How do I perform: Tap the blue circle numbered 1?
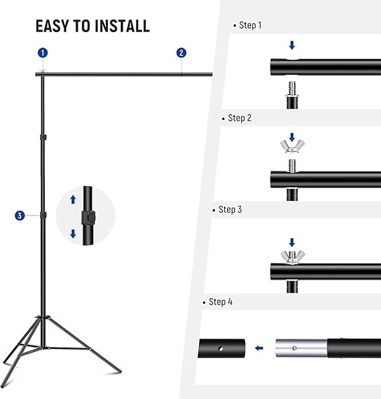click(43, 53)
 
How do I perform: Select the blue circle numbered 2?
click(181, 53)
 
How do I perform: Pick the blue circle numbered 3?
click(19, 216)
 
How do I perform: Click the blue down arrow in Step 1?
click(292, 46)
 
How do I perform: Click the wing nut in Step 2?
click(293, 147)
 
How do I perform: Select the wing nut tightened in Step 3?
click(293, 257)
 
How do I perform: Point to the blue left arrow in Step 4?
click(259, 348)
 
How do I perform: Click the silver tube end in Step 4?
click(301, 348)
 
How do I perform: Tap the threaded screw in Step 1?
click(292, 88)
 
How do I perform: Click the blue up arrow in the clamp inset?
click(73, 199)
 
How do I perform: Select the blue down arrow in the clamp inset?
click(73, 234)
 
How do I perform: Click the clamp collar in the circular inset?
click(88, 218)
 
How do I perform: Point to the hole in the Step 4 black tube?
click(221, 349)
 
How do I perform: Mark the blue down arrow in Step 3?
click(292, 242)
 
